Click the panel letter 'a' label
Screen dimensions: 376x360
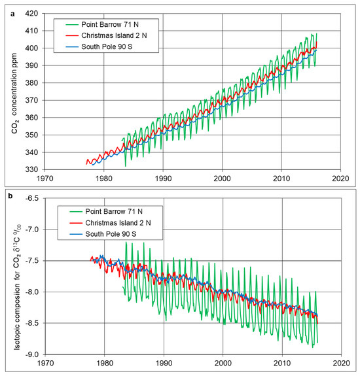click(7, 7)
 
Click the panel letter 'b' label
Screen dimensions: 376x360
click(7, 194)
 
